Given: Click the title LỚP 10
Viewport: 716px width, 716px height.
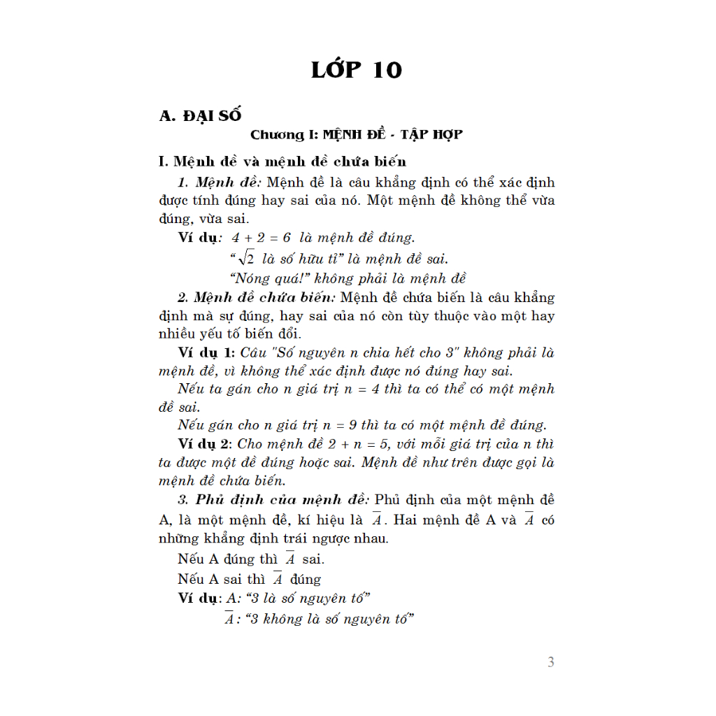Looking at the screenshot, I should tap(357, 70).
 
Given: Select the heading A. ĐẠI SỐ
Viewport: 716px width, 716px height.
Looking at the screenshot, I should tap(201, 115).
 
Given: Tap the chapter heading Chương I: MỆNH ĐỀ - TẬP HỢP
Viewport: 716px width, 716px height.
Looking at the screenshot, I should tap(357, 134).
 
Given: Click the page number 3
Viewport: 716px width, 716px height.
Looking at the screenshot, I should tap(551, 662).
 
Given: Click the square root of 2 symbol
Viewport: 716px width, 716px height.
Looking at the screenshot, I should tap(247, 259).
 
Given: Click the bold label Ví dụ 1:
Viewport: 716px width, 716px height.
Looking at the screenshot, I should tap(204, 352).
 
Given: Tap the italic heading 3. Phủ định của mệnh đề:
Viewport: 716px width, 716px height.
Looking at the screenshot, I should tap(274, 500).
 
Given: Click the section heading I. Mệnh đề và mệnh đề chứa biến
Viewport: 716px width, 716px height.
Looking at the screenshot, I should tap(282, 162).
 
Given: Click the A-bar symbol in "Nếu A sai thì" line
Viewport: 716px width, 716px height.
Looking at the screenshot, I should tap(278, 580).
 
